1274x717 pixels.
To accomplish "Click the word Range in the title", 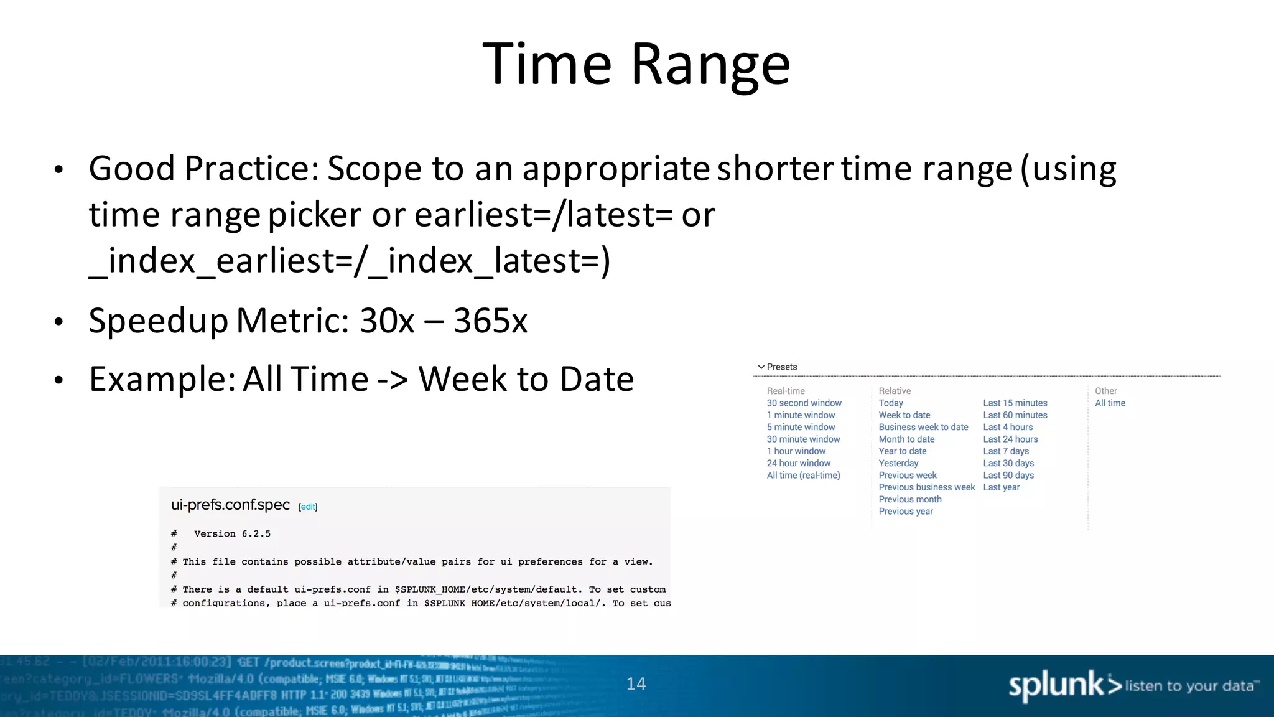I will tap(710, 65).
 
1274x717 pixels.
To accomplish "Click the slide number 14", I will tap(636, 684).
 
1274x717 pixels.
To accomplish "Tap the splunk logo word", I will tap(1056, 685).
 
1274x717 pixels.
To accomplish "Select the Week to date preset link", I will tap(904, 415).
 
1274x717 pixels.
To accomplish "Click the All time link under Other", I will tap(1110, 403).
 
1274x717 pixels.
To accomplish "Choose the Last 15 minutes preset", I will tap(1015, 403).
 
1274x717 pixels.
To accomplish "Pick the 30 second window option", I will tap(804, 403).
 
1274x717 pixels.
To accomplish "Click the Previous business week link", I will tap(926, 487).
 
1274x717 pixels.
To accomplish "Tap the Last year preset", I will tap(1001, 487).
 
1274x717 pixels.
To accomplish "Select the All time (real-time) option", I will tap(803, 476).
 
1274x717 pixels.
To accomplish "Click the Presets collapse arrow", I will tap(761, 367).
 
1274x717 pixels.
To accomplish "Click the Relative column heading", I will tap(895, 391).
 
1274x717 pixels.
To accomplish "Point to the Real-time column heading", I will tap(786, 391).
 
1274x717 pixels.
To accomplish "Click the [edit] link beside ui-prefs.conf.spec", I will tap(308, 507).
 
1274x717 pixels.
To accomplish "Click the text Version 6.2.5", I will tap(232, 534).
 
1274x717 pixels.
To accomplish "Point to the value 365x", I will tap(490, 321).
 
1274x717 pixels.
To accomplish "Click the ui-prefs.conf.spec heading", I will tap(230, 505).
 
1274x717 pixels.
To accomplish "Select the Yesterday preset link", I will tap(898, 463).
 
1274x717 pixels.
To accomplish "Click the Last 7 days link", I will tap(1005, 451).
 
